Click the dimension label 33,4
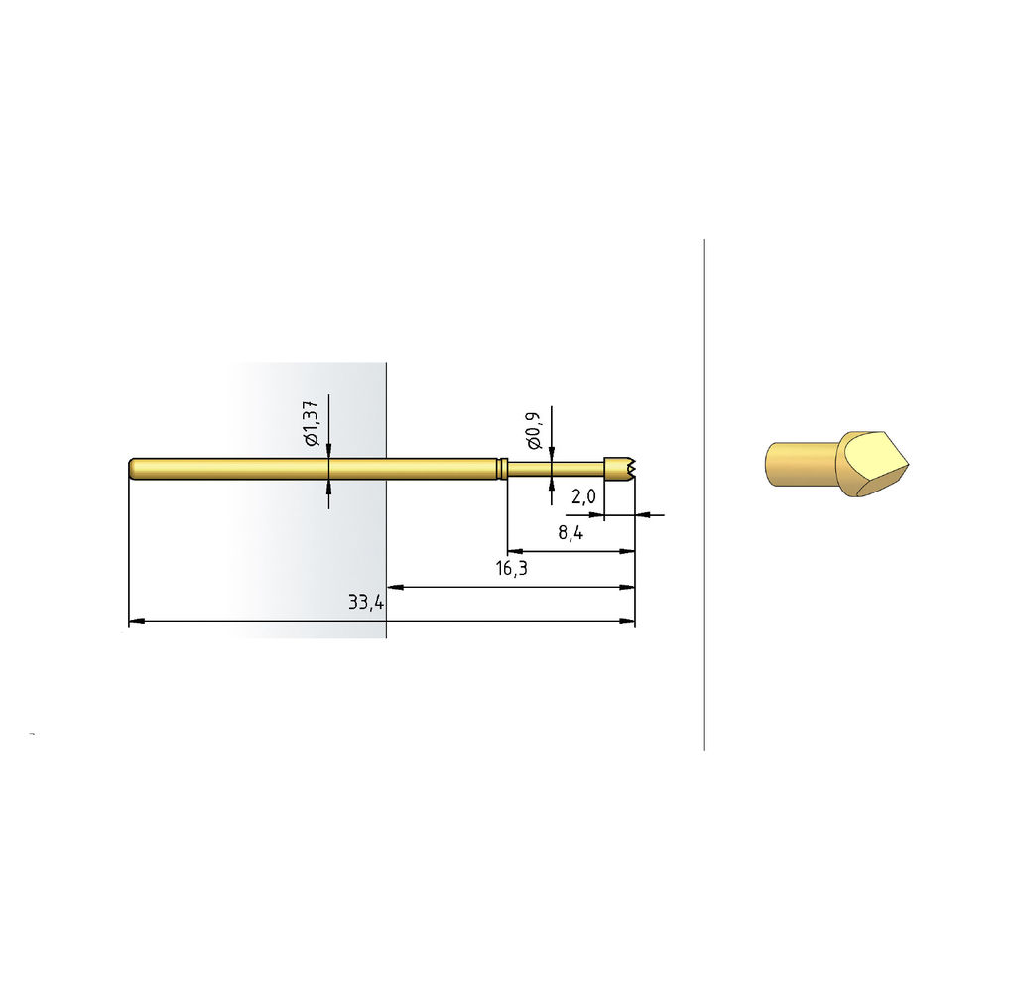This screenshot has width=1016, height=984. pyautogui.click(x=366, y=602)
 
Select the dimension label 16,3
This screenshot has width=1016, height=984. pyautogui.click(x=511, y=568)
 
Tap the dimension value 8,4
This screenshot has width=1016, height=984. pyautogui.click(x=571, y=532)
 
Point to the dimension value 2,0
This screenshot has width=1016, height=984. pyautogui.click(x=583, y=496)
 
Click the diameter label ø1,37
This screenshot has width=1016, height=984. pyautogui.click(x=312, y=422)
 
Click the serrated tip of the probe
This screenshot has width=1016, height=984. pyautogui.click(x=633, y=469)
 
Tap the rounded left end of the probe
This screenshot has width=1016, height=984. pyautogui.click(x=132, y=469)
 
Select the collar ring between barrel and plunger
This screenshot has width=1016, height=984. pyautogui.click(x=502, y=469)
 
